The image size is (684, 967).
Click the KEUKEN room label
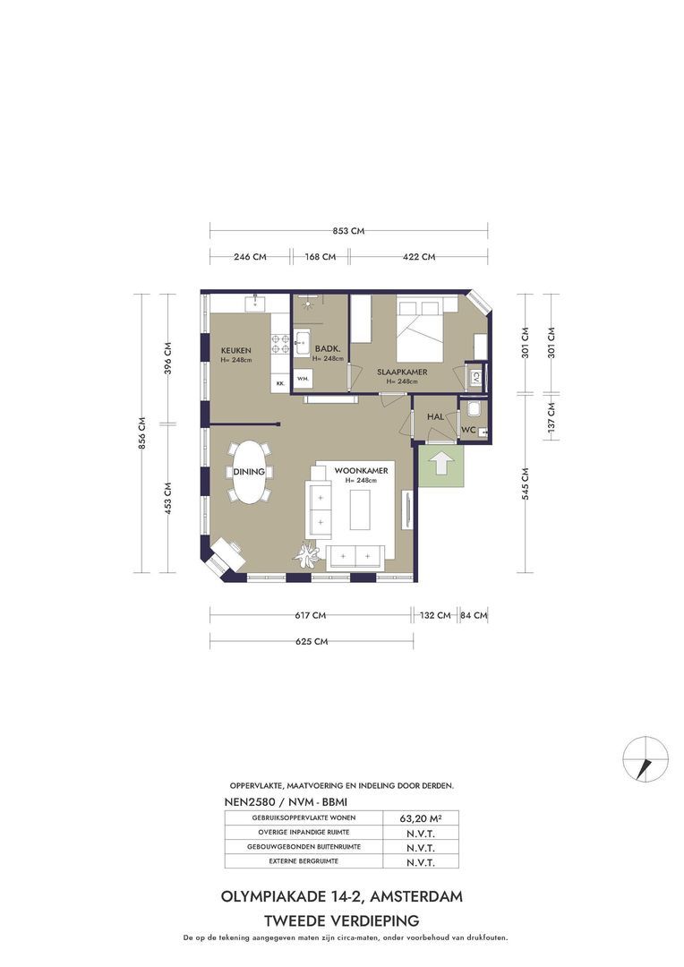coord(236,350)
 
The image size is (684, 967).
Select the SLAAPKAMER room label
coord(402,372)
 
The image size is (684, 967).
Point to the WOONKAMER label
coord(362,471)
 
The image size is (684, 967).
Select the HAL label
coord(435,417)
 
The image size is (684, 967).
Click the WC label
coord(469,430)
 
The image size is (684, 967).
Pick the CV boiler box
coord(475,378)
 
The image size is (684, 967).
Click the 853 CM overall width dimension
coord(348,231)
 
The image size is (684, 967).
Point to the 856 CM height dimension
coord(141,433)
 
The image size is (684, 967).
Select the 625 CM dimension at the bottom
coord(312,641)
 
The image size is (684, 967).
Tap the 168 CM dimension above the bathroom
coord(321,257)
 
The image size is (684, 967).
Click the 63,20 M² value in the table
coord(421,819)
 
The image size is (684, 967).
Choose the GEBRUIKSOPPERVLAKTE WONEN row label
coord(304,817)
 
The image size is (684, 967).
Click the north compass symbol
coord(646,758)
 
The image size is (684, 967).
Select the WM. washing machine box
coord(303,378)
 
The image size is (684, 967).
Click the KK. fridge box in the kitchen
coord(280,383)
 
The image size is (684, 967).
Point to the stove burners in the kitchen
coord(280,344)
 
